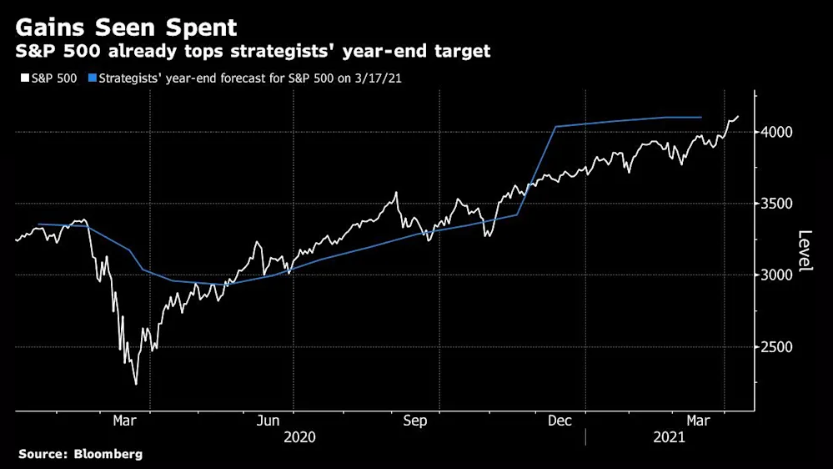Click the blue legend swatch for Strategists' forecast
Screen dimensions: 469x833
point(93,78)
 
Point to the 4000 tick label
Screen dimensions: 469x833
point(775,132)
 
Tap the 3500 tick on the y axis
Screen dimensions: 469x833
point(775,204)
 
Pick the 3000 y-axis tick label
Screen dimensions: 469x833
point(775,275)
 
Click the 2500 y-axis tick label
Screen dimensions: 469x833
point(775,347)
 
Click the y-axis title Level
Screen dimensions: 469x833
point(805,250)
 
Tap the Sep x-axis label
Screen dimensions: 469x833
point(414,421)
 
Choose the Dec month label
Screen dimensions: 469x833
point(560,421)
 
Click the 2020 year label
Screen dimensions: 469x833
point(300,436)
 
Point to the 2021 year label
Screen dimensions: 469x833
point(669,436)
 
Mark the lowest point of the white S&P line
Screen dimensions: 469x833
point(136,384)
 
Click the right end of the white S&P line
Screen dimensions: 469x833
point(739,116)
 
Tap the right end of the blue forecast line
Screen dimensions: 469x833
point(700,118)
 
